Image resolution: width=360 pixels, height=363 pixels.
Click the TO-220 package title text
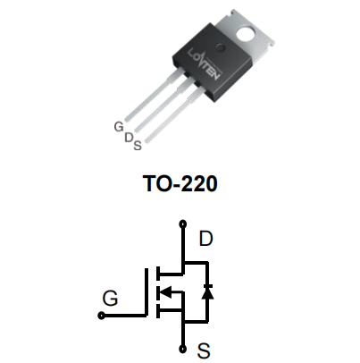coord(180,183)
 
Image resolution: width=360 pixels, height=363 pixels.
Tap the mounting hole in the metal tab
coord(246,33)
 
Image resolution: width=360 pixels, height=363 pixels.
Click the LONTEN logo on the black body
coord(205,64)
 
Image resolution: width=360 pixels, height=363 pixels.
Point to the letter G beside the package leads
coord(119,127)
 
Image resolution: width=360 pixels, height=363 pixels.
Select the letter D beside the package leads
coord(129,138)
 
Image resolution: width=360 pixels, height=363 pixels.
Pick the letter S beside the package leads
coord(138,146)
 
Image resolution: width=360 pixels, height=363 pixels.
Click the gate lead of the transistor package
coord(150,95)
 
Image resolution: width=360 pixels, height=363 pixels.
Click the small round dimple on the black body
coord(221,46)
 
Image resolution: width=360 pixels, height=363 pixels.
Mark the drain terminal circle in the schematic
coord(182,224)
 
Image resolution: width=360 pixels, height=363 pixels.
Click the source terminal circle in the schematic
coord(182,349)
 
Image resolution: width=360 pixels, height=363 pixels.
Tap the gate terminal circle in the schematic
coord(102,316)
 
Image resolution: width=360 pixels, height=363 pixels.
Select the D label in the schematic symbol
coord(205,239)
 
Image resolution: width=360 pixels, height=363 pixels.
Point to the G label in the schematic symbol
coord(110,298)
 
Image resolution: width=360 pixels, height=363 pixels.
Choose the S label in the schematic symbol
coord(204,350)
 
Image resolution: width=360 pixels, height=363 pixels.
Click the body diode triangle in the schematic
coord(207,293)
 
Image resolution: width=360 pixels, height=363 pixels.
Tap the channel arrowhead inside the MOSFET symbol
coord(165,291)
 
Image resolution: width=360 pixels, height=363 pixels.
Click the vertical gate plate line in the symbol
coord(147,292)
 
